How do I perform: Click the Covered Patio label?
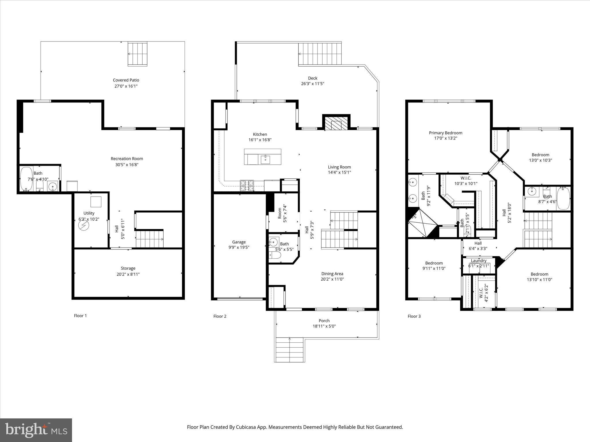[x=126, y=80]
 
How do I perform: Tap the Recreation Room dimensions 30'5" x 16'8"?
[x=127, y=165]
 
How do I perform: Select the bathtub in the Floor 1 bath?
[x=27, y=179]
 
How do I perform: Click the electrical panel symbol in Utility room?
[x=84, y=226]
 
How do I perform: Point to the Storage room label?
[x=128, y=268]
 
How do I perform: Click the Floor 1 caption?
[x=80, y=316]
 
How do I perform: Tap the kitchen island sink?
[x=265, y=159]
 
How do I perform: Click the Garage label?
[x=239, y=242]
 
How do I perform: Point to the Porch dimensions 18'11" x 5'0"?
[x=324, y=326]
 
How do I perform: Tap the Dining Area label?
[x=332, y=274]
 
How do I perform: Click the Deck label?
[x=313, y=78]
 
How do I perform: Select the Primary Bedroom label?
[x=445, y=133]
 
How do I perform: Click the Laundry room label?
[x=479, y=261]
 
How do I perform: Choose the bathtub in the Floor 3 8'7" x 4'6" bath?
[x=563, y=198]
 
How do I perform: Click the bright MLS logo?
[x=36, y=430]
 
